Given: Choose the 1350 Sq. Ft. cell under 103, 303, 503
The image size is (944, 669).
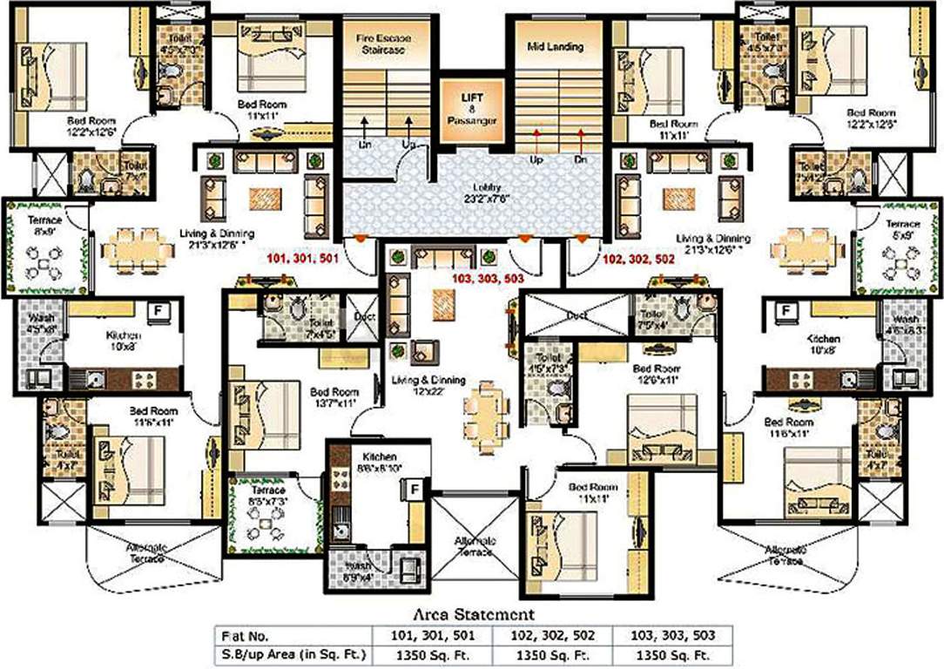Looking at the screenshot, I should pyautogui.click(x=673, y=654).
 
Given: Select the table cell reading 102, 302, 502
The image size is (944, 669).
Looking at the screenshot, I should pyautogui.click(x=553, y=635).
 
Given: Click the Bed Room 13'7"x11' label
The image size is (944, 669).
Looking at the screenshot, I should pyautogui.click(x=334, y=397).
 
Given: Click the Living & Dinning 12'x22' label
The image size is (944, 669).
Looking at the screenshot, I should pyautogui.click(x=428, y=386).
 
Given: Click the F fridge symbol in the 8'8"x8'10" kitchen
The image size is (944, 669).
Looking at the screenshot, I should pyautogui.click(x=415, y=490).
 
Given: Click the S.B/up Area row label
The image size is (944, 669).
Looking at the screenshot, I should pyautogui.click(x=293, y=654).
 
